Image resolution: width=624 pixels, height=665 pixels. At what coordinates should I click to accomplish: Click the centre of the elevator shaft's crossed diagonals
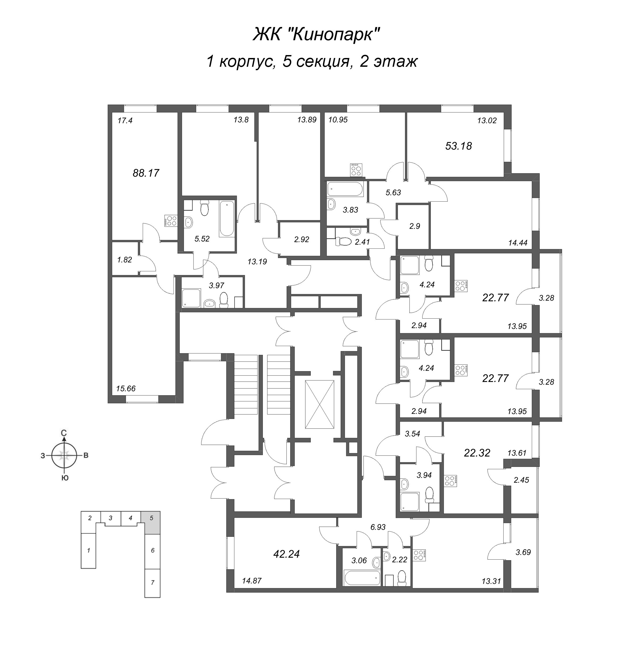pos(319,404)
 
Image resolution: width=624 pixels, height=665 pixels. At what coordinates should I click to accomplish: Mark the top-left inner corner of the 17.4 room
pos(112,113)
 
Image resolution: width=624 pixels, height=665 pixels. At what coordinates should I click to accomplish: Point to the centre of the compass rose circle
pos(64,455)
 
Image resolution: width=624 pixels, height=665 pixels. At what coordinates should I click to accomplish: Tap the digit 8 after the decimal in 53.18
pos(468,146)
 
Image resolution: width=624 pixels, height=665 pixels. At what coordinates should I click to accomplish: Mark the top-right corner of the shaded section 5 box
pos(160,521)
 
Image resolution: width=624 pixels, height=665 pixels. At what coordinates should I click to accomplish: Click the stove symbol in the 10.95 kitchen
pos(356,170)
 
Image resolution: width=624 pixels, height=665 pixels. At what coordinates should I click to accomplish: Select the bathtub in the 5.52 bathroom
pos(227,219)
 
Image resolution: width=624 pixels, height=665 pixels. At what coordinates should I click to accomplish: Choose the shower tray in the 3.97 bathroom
pos(192,298)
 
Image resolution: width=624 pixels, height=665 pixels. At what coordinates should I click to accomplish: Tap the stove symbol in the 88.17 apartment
pos(171,221)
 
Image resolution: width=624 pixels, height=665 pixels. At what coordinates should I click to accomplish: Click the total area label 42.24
pos(286,554)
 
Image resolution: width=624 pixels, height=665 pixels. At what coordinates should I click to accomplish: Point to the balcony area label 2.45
pos(521,480)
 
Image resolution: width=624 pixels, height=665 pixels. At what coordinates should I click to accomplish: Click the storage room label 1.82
pos(124,260)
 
